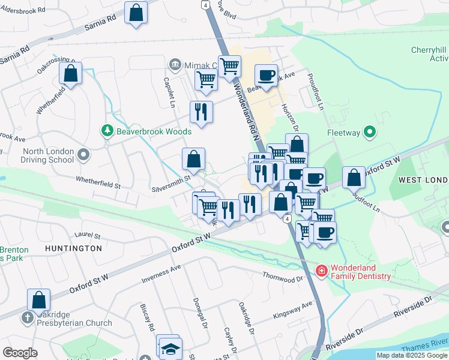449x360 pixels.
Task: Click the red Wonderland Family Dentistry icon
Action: (x=322, y=271)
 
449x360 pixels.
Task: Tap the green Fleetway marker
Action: (x=370, y=131)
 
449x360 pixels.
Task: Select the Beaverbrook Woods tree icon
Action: (x=107, y=130)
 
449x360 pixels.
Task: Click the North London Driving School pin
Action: (x=83, y=155)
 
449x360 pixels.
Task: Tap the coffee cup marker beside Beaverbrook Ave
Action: (x=266, y=76)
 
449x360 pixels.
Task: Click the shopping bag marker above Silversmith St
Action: (x=193, y=160)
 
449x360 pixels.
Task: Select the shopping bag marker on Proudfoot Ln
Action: (x=354, y=178)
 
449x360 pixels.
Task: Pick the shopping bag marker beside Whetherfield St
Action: (x=71, y=74)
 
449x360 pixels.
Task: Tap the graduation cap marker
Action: (x=172, y=349)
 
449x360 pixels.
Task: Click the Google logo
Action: (x=20, y=353)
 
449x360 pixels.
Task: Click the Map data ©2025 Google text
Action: (x=412, y=355)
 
